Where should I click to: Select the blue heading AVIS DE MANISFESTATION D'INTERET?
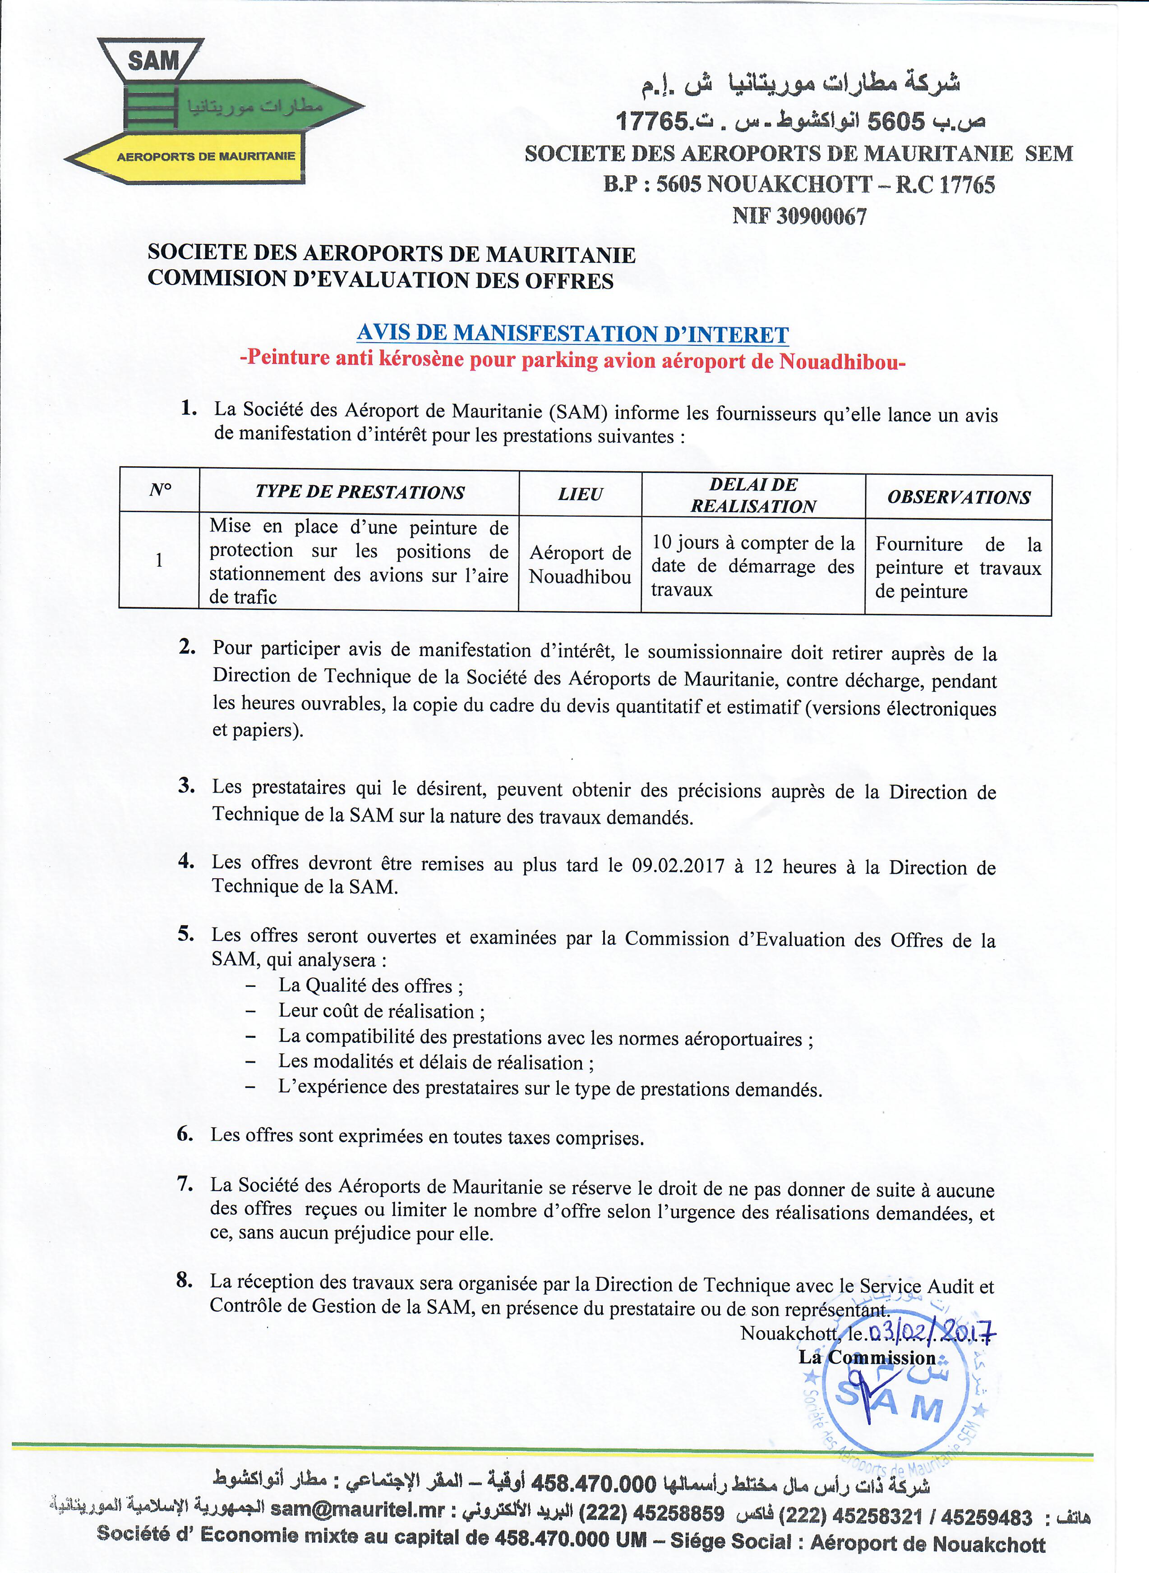[572, 334]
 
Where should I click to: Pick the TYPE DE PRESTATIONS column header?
[359, 492]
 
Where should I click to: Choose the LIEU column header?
[580, 494]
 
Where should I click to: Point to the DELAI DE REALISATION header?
[753, 495]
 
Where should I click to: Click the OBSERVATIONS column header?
[959, 497]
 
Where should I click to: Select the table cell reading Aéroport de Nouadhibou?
[580, 564]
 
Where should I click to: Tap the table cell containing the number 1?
[159, 560]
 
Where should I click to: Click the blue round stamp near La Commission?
[894, 1397]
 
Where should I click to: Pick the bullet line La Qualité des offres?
[371, 986]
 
